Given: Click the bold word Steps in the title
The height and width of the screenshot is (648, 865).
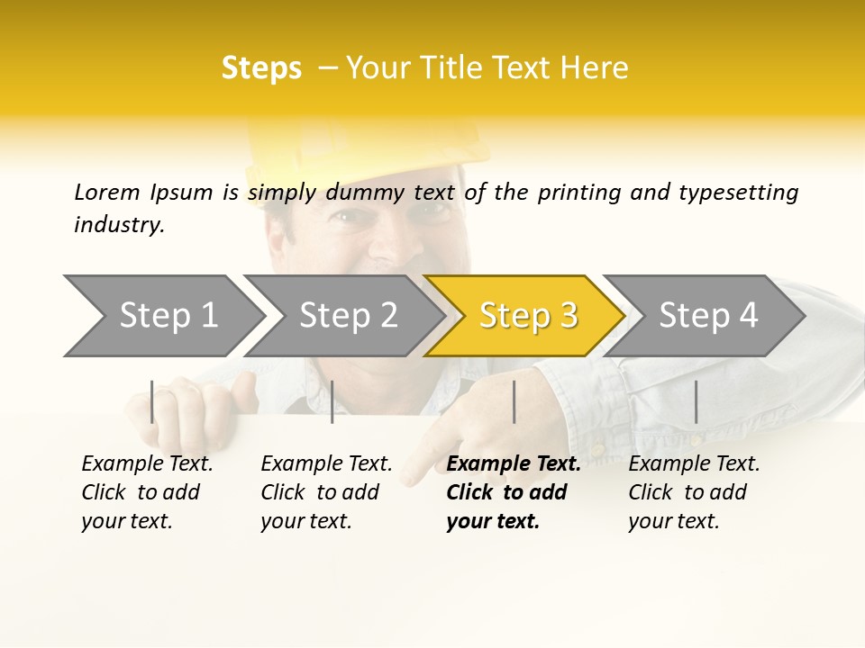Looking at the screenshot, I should point(261,68).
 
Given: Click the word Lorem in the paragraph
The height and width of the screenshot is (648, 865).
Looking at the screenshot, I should point(106,192).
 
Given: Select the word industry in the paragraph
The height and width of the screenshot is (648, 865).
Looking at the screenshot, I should point(119,225).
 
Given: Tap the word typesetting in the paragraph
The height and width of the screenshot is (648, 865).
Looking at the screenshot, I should point(738,193).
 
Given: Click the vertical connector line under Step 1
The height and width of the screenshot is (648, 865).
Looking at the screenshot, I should point(152,401).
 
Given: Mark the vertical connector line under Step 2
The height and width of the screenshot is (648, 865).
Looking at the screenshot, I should point(332,401).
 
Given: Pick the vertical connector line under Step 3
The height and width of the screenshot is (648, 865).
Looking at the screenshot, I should point(514,401).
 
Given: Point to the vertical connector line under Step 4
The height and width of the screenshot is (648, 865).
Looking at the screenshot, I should point(696,401).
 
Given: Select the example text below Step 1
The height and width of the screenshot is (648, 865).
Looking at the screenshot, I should point(147,492).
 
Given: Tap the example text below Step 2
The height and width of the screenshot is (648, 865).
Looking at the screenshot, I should point(326,492).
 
